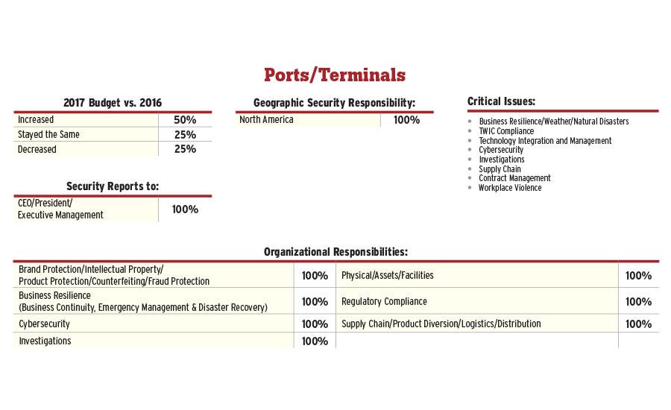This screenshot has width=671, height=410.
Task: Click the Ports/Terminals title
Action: pos(335,75)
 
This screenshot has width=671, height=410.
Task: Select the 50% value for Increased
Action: pos(185,120)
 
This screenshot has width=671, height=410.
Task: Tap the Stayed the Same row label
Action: pos(48,135)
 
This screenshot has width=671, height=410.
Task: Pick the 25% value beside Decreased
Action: pos(185,149)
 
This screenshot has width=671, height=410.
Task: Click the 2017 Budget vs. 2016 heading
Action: pos(113,102)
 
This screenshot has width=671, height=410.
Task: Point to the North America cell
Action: pos(266,120)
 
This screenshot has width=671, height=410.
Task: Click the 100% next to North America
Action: pos(406,120)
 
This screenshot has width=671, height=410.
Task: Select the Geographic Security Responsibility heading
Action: pos(334,102)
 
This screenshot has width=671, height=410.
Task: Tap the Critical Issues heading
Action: pos(501,101)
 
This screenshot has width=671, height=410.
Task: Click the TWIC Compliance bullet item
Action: pos(506,131)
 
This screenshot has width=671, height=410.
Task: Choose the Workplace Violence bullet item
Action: pos(510,188)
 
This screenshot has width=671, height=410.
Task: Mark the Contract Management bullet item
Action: pos(514,178)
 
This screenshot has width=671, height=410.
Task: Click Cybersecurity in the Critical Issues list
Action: pos(501,150)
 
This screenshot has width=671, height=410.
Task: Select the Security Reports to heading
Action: pos(113,186)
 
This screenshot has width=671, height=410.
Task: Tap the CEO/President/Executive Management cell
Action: pos(60,209)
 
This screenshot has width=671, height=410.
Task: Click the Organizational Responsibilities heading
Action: pos(335,252)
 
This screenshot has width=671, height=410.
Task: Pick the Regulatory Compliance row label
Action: pos(384,302)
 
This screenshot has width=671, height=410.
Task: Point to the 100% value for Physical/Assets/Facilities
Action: pos(638,276)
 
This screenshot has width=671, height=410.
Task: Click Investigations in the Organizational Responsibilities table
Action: pos(45,341)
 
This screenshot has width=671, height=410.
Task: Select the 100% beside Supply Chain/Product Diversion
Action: pos(638,324)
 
